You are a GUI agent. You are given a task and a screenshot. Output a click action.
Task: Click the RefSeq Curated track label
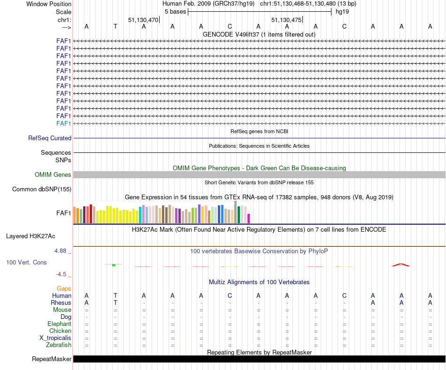point(50,138)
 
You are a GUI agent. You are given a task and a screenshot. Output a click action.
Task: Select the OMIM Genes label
point(53,175)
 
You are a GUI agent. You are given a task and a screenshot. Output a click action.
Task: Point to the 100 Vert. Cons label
point(26,263)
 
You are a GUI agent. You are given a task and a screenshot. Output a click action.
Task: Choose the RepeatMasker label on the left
point(52,359)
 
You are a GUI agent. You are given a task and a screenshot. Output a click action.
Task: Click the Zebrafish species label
point(59,345)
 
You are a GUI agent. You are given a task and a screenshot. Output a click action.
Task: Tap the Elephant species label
point(59,324)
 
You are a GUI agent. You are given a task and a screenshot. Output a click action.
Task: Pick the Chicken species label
point(60,331)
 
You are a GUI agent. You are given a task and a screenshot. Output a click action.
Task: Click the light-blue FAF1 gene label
point(63,123)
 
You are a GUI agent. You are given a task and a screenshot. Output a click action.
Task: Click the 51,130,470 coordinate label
point(143,20)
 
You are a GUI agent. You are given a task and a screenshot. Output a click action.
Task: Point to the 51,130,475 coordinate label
point(286,20)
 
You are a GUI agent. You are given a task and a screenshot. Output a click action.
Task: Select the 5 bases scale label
point(175,12)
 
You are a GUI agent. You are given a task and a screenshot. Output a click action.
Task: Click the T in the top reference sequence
point(115,26)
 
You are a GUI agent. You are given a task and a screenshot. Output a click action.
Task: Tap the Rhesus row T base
point(115,302)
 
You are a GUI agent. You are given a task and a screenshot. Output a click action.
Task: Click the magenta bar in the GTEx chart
point(249,219)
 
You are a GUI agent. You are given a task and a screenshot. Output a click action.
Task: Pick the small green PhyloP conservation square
point(114,265)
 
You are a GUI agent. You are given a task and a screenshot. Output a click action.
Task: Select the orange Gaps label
point(64,289)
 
